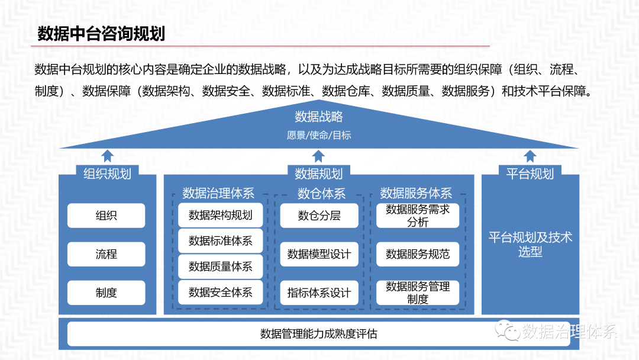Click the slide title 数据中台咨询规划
coord(101,33)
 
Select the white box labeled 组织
coord(106,216)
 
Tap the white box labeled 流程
coord(106,254)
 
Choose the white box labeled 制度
coord(106,292)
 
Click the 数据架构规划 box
coord(220,215)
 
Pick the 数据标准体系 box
coord(220,241)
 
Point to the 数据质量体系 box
coord(220,266)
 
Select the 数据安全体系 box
coord(220,292)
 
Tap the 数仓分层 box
coord(319,216)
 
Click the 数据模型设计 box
coord(319,254)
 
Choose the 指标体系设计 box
coord(319,292)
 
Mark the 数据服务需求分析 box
coord(418,216)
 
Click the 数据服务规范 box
coord(418,254)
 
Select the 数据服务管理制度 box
coord(418,292)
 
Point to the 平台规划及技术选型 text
coord(530,245)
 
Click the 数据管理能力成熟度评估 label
coord(318,334)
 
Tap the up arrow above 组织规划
coord(107,156)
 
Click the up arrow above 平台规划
coord(530,156)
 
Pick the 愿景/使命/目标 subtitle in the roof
coord(319,135)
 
